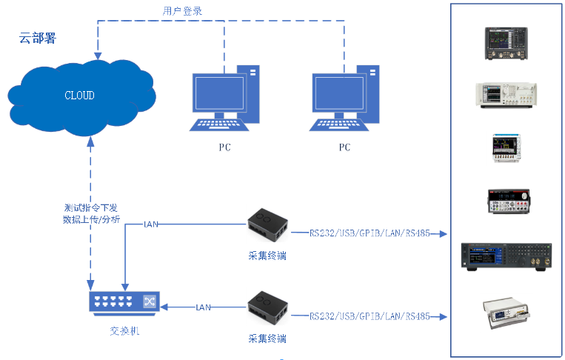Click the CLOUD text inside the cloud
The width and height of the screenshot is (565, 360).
point(80,96)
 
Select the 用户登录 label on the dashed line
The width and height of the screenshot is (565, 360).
point(182,10)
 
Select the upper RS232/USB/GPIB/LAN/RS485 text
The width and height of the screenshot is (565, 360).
point(371,233)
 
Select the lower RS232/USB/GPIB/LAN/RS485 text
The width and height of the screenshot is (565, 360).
point(371,316)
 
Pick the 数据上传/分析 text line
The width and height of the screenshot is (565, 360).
point(91,220)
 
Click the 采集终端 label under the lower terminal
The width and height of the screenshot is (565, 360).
point(267,339)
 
